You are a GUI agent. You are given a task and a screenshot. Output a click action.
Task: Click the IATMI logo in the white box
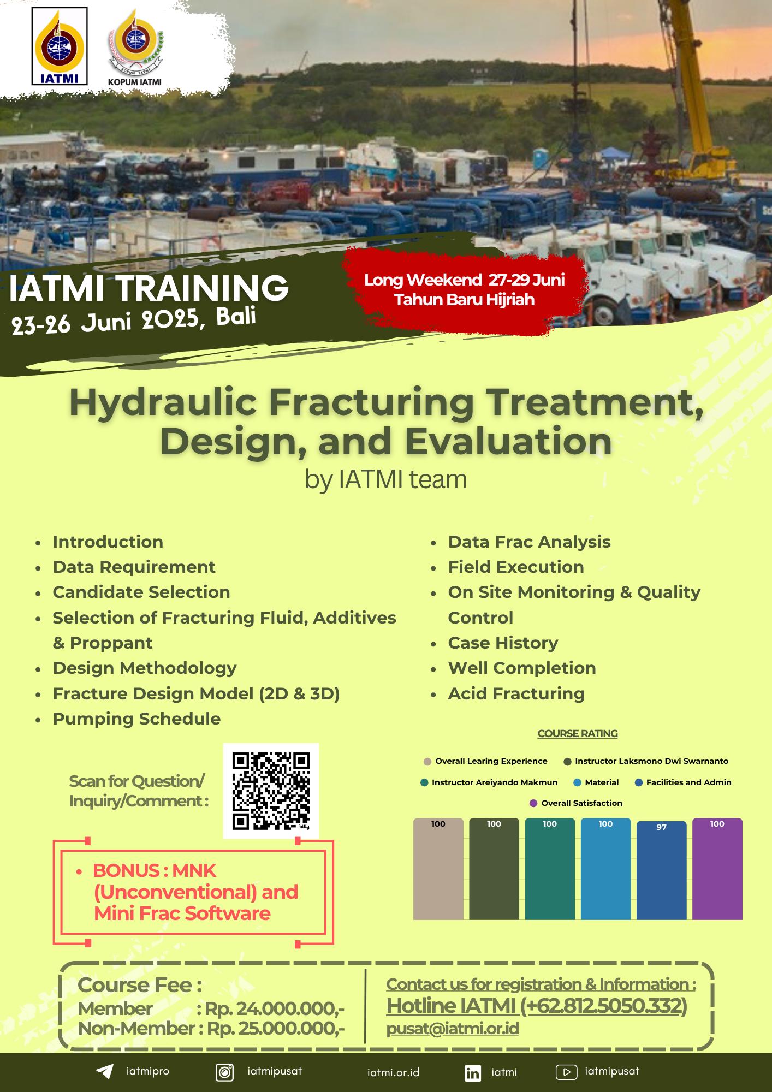60,46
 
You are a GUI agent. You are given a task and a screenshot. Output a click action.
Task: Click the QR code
271,791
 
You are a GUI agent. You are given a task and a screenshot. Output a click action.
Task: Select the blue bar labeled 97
661,869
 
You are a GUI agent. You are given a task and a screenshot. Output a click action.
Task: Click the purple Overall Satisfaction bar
717,869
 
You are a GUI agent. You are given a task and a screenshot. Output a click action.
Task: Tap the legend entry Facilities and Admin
683,782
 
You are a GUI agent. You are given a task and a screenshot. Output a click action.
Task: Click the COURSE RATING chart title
578,733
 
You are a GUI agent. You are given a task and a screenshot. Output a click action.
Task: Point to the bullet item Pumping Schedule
136,719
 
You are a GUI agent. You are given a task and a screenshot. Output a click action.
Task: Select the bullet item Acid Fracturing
516,693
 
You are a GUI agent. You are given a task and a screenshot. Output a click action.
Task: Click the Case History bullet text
503,643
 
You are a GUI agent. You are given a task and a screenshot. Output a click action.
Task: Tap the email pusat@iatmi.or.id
453,1028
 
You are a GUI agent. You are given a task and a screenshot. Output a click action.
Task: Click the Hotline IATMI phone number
537,1005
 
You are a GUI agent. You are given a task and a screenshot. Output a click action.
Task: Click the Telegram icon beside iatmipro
104,1071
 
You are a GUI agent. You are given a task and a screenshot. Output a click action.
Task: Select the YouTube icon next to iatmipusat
566,1072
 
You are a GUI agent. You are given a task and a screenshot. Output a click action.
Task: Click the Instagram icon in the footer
225,1072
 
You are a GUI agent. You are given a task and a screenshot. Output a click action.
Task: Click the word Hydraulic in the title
163,402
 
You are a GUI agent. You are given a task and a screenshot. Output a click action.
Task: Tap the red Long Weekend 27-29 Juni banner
465,290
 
